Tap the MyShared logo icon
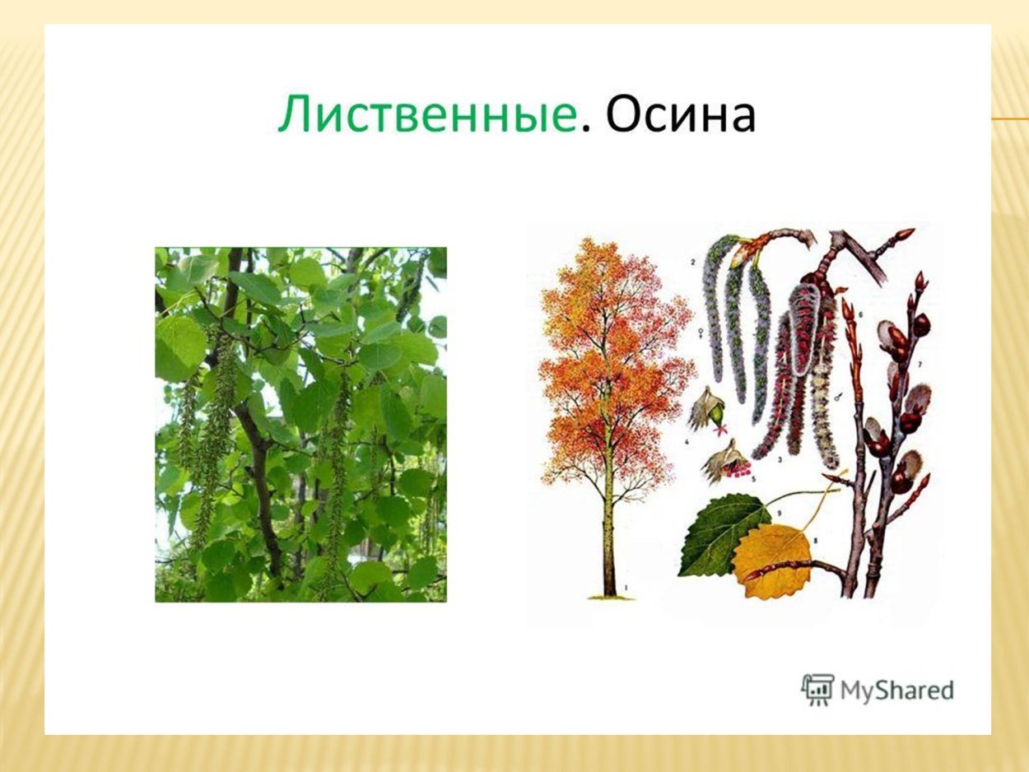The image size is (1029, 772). [817, 690]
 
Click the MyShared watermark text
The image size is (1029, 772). [896, 691]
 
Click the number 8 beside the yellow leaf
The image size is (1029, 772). [814, 541]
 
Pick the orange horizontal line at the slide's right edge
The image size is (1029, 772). [1010, 119]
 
